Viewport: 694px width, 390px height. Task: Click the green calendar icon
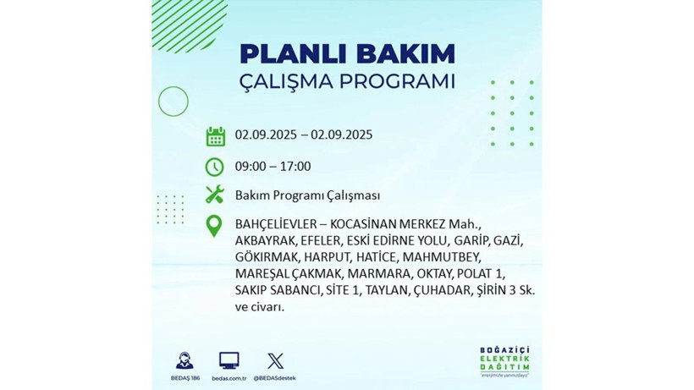pos(215,136)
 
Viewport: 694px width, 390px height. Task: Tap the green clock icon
pos(215,167)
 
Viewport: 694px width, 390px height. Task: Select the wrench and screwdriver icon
pos(215,195)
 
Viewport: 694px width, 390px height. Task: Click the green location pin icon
pos(215,226)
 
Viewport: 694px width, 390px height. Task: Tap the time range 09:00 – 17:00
pos(273,166)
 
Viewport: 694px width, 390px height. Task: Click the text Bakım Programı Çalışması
pos(307,195)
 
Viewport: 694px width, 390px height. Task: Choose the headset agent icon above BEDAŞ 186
pos(184,360)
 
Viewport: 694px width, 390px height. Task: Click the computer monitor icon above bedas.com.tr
pos(229,360)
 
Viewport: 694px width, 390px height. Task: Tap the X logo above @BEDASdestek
pos(275,360)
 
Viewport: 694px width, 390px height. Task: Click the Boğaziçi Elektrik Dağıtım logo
pos(504,362)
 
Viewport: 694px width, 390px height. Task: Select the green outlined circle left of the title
pos(173,102)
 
